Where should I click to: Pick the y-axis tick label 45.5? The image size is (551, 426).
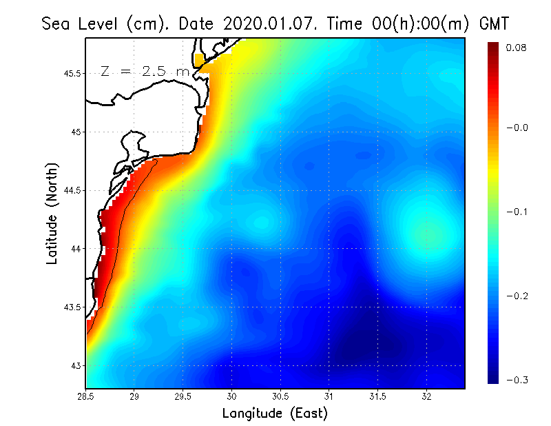[x=70, y=73]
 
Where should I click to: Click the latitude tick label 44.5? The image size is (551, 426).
[x=70, y=190]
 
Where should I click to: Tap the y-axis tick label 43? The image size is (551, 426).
[x=74, y=365]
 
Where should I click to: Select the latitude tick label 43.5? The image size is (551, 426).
[x=70, y=307]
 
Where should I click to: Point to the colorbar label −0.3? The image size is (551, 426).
[x=517, y=380]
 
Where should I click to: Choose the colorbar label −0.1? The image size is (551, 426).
[x=517, y=212]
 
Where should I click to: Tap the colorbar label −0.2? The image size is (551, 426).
[x=517, y=296]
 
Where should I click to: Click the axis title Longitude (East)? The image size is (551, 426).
[x=275, y=414]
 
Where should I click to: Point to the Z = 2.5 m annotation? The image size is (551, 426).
[x=145, y=71]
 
